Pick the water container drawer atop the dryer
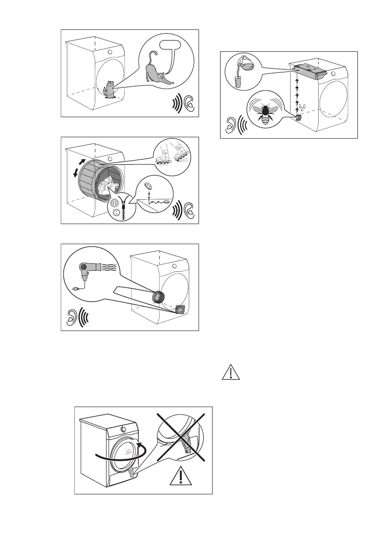[x=308, y=70]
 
